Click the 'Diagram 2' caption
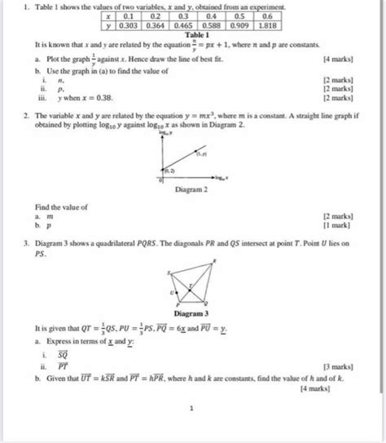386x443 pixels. (192, 188)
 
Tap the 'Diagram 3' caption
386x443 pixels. (192, 312)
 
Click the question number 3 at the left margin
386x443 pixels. (26, 243)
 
